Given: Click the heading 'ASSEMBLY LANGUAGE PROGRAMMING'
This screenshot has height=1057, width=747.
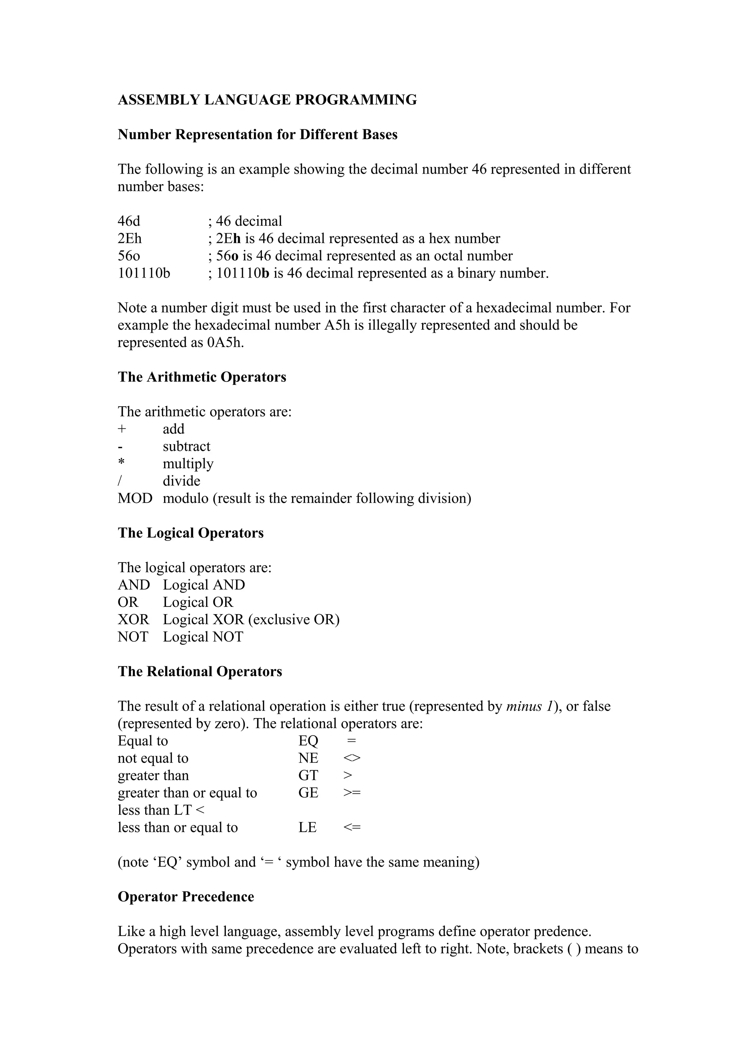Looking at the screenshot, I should tap(267, 100).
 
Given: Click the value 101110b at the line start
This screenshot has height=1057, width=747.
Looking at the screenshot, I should tap(144, 274).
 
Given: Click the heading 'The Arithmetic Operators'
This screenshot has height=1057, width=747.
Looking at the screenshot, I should tap(202, 377).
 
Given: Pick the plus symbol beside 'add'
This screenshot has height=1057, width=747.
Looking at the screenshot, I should tap(121, 429).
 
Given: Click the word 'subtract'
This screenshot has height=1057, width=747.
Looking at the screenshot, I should tap(186, 446).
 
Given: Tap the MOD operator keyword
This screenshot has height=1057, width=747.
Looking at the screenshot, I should tap(135, 499).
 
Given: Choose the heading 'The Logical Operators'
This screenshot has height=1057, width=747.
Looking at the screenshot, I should tap(190, 533).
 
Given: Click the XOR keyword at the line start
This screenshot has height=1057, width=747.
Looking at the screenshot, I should tap(133, 620).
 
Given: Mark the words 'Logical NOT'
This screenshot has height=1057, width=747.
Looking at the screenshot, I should tap(202, 637).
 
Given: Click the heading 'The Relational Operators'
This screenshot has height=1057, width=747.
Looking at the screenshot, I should tap(200, 672).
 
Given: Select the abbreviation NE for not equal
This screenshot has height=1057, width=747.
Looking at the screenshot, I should tap(308, 758).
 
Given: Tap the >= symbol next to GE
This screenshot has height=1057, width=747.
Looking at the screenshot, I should tap(352, 793).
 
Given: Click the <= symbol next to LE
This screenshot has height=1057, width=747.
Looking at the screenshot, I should tap(352, 827).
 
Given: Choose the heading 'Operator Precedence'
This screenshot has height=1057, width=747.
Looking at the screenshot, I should tap(186, 897).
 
